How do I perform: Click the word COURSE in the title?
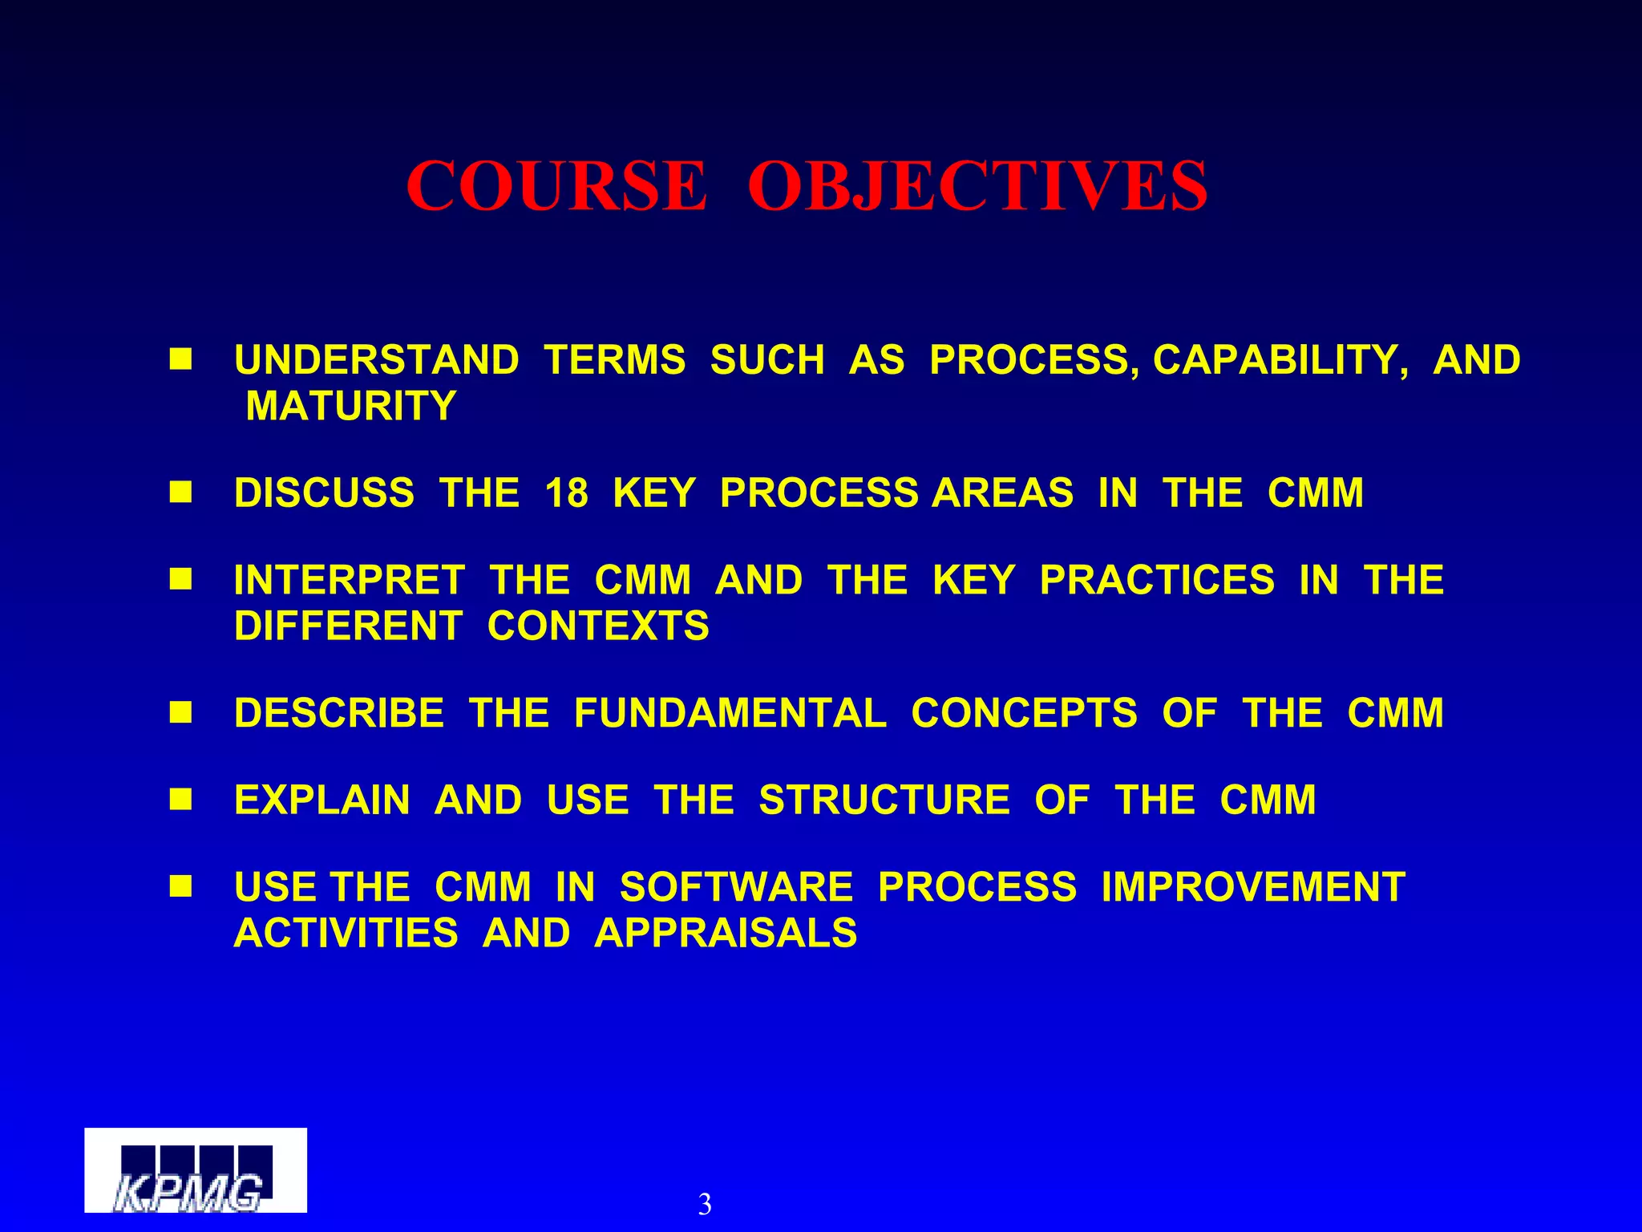point(556,186)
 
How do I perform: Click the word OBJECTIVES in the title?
point(977,186)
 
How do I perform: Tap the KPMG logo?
point(196,1170)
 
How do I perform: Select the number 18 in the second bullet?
point(566,492)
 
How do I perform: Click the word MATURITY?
point(350,406)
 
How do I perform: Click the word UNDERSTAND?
point(377,360)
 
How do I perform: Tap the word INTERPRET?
point(349,580)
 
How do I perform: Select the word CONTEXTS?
point(598,626)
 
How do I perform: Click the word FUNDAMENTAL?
point(730,713)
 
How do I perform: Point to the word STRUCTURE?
point(884,800)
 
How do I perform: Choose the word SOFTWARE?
point(736,888)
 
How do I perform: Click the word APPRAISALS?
point(726,934)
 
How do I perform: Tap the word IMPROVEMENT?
point(1253,888)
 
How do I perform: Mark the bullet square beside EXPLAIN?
point(180,799)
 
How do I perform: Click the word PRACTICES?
point(1156,580)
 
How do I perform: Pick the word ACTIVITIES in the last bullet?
point(346,934)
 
